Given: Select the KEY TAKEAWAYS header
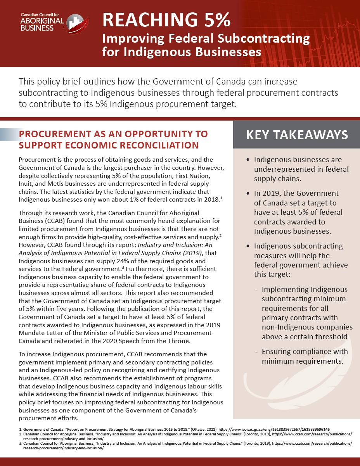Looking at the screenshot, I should click(x=297, y=135).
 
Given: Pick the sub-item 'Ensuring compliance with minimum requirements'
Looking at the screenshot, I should click(x=305, y=356).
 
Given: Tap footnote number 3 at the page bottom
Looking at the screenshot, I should click(x=21, y=443).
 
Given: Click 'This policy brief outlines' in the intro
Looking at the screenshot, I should click(x=63, y=82).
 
